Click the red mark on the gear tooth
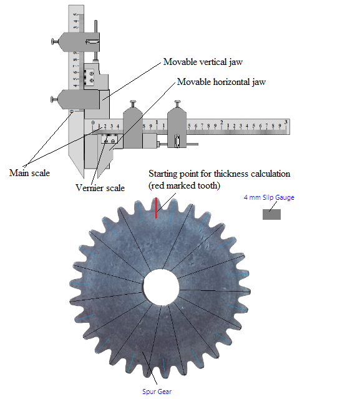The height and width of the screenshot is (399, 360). (x=156, y=208)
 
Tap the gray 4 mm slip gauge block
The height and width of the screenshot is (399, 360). (x=271, y=214)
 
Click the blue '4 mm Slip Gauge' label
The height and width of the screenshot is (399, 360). (x=269, y=197)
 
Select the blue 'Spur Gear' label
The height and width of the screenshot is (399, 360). (x=157, y=392)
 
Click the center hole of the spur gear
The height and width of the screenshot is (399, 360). (x=161, y=287)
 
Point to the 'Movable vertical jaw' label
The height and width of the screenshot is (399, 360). (x=203, y=62)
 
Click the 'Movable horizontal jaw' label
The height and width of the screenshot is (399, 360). (x=221, y=82)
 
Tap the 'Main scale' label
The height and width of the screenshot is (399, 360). (x=29, y=173)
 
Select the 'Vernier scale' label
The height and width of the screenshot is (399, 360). (x=100, y=188)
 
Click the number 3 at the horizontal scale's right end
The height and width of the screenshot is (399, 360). (x=286, y=122)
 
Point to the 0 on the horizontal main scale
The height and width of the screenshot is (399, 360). (x=93, y=122)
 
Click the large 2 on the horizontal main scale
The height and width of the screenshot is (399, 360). (x=221, y=122)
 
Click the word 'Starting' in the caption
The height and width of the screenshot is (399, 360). (x=163, y=174)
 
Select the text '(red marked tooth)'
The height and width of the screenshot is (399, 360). (x=184, y=185)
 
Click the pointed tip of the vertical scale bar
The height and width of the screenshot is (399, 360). (x=83, y=177)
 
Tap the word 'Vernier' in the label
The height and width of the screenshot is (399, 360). (x=89, y=188)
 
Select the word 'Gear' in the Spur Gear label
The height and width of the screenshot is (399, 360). (x=165, y=392)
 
